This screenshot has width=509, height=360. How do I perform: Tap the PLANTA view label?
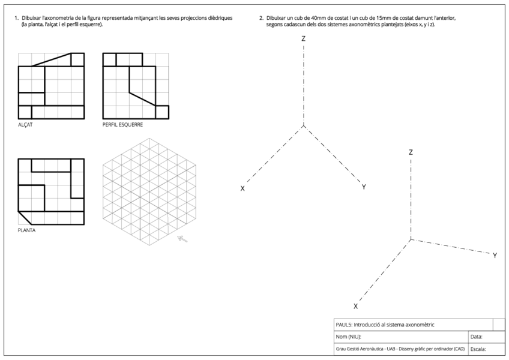(26, 230)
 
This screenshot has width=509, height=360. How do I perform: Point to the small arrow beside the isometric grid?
(182, 239)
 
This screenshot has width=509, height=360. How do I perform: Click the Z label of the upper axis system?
(304, 38)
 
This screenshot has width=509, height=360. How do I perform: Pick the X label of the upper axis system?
(242, 188)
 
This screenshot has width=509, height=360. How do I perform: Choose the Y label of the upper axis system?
(364, 187)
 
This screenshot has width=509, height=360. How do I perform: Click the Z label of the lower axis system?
(411, 152)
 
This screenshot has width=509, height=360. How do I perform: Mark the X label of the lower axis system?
(355, 306)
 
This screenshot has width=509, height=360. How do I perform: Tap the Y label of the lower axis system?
(495, 256)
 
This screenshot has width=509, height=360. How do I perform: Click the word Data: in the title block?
(477, 337)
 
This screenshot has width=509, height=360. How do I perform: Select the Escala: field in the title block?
(478, 349)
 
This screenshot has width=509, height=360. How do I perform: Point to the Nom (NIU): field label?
(349, 337)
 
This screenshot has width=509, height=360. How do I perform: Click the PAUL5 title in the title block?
(345, 325)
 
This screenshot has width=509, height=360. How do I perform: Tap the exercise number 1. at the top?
(16, 18)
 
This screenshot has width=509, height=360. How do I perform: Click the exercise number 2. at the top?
(261, 18)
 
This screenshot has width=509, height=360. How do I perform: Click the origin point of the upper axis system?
(304, 125)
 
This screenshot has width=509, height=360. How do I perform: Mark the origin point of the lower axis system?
(411, 239)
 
